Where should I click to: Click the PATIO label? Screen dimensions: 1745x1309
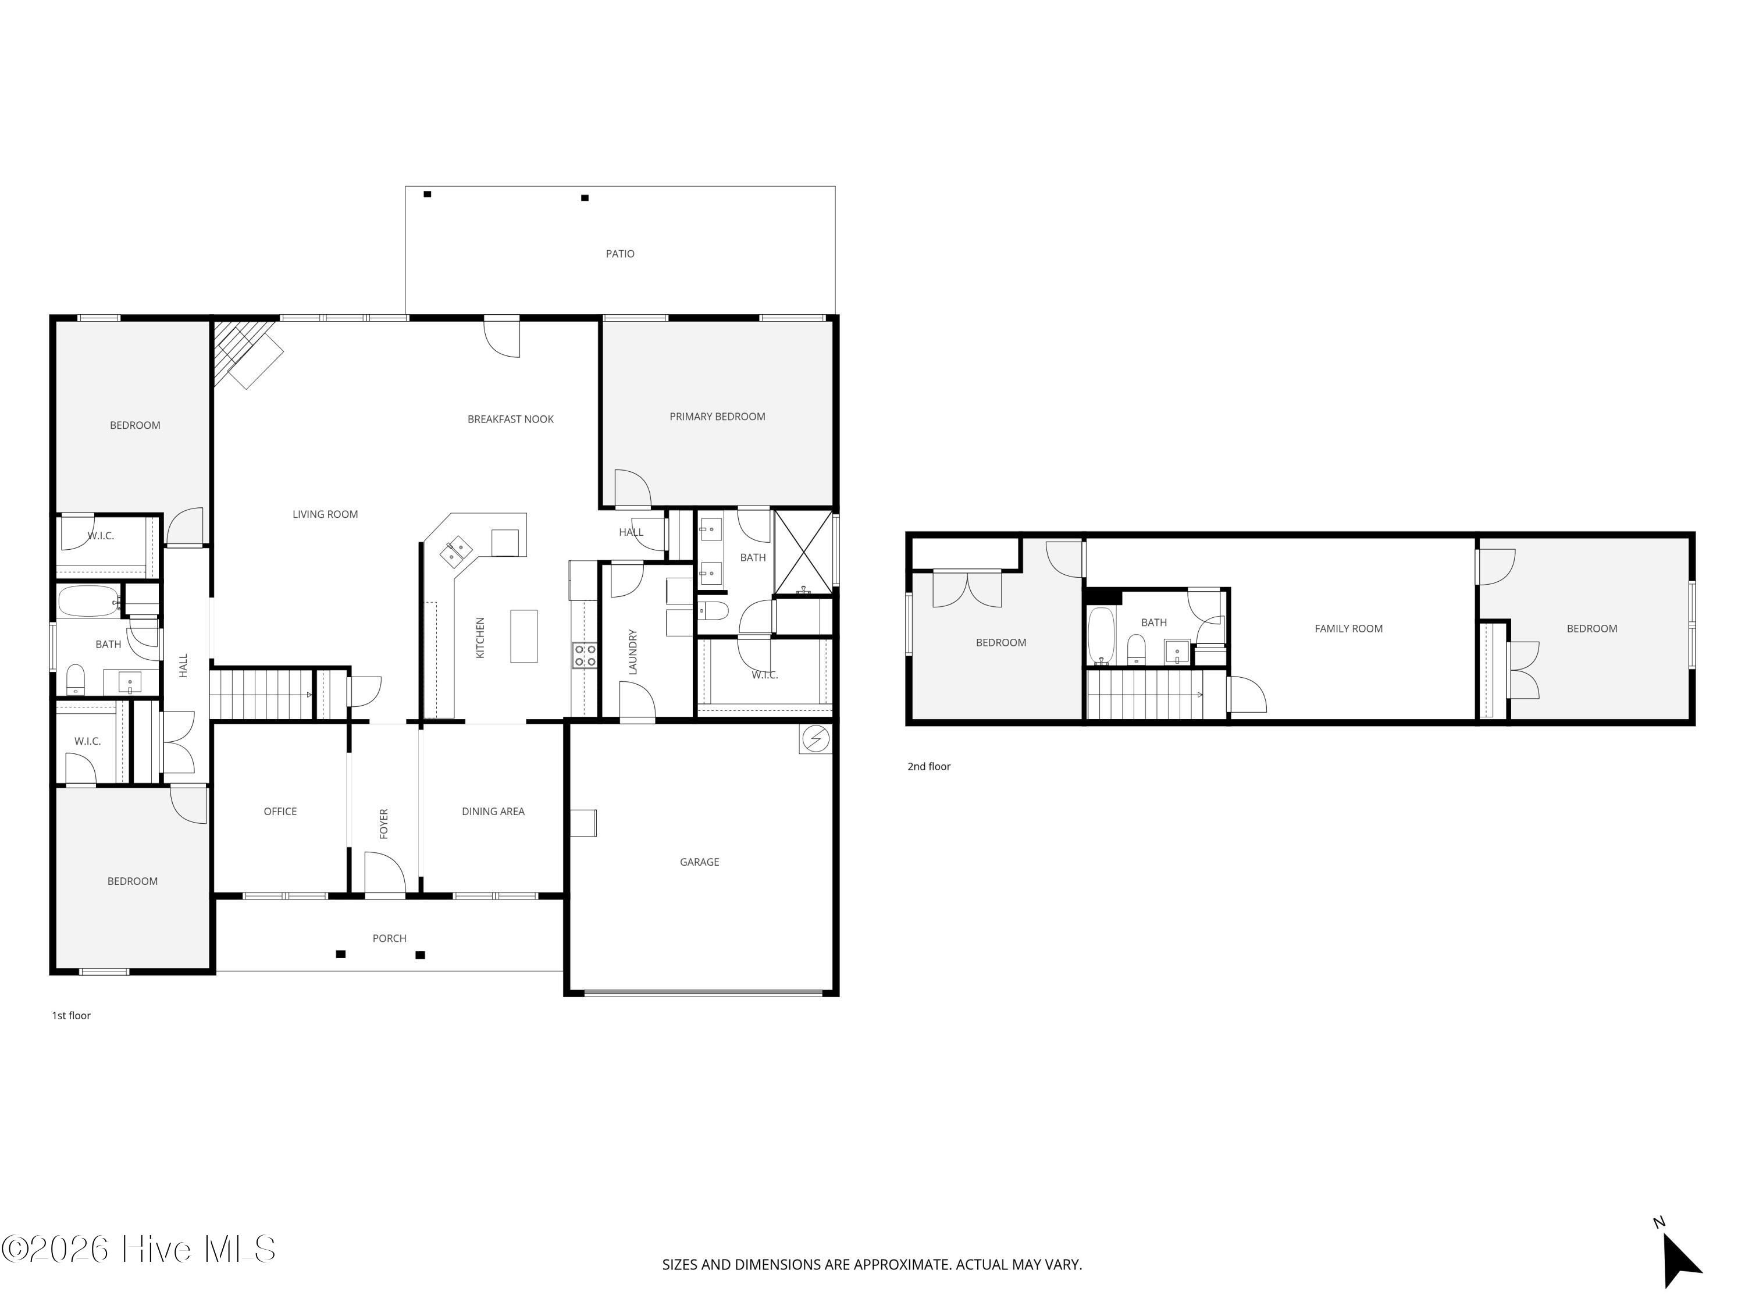(619, 253)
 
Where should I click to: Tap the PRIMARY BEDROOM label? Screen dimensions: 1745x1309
(717, 417)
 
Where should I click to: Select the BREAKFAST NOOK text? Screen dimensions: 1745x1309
(510, 419)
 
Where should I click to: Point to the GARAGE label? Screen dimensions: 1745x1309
(699, 862)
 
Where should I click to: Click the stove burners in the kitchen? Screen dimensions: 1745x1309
(585, 655)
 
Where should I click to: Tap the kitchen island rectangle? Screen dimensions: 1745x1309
(524, 636)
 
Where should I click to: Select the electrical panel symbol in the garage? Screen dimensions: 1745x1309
(815, 738)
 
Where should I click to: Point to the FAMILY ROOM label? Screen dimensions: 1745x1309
(1348, 629)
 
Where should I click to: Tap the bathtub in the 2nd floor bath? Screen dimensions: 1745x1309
(1101, 636)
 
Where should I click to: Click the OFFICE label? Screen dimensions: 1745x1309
(280, 811)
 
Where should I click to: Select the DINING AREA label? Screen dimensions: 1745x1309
(493, 811)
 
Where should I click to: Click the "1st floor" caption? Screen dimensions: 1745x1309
(71, 1015)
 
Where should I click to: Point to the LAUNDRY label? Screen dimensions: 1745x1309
(632, 652)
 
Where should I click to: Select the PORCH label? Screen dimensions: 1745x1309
(389, 938)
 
